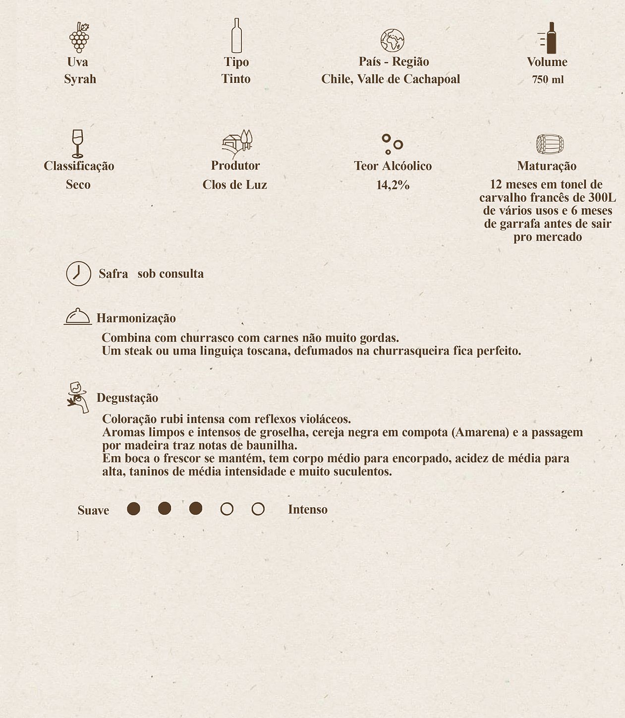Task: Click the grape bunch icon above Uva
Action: click(79, 38)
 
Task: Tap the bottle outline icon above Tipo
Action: click(237, 36)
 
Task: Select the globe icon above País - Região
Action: click(392, 41)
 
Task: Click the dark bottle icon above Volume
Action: click(549, 38)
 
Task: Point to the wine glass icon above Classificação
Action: click(78, 143)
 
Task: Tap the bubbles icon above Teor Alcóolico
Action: click(392, 144)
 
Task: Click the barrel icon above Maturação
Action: click(550, 144)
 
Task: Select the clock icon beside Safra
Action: click(79, 273)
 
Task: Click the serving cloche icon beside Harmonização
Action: click(78, 316)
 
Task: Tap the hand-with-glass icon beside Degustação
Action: click(78, 397)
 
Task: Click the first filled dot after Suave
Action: click(133, 509)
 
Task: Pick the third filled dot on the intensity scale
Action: click(196, 509)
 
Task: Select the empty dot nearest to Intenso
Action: click(258, 509)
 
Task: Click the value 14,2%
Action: click(393, 185)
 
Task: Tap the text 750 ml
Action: click(548, 80)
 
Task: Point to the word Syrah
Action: click(80, 79)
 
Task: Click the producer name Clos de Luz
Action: click(234, 185)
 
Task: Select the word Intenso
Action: click(307, 510)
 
